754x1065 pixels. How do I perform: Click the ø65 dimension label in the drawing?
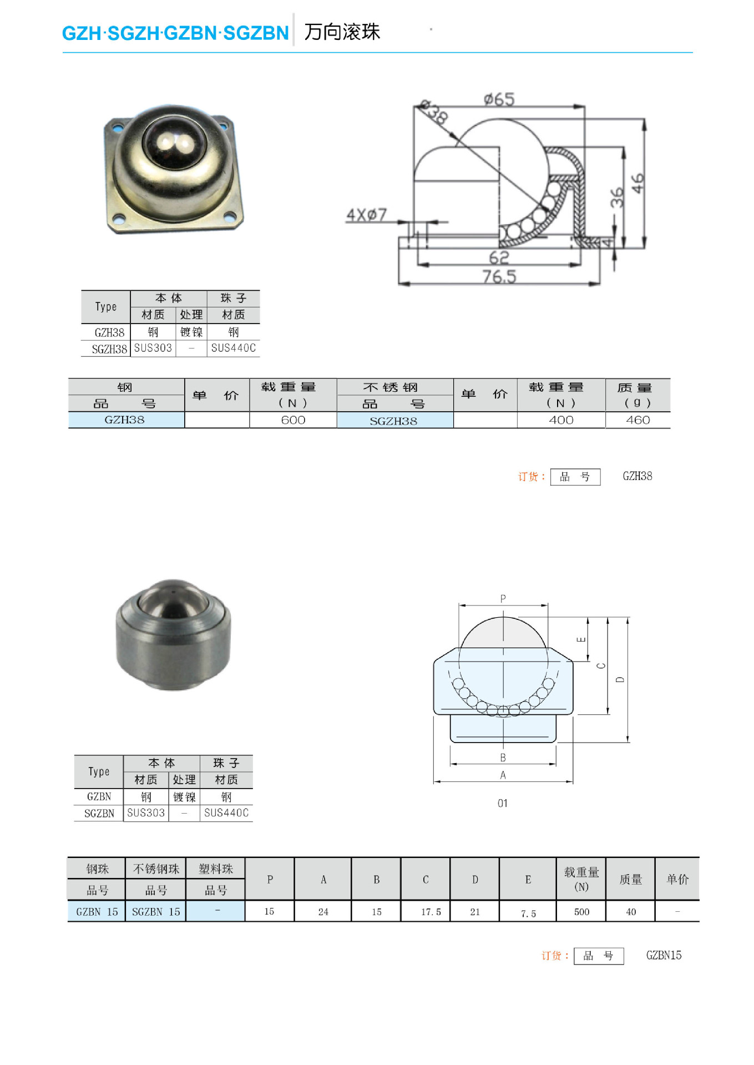(x=499, y=99)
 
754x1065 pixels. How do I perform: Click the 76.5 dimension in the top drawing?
(x=499, y=276)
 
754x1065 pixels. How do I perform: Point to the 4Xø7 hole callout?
(x=366, y=215)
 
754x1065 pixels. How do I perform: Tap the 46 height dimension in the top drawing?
(x=638, y=183)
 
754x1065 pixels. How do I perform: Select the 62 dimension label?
(x=499, y=257)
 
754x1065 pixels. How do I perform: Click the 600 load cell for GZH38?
(x=293, y=420)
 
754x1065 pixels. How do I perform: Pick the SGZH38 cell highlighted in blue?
(x=393, y=421)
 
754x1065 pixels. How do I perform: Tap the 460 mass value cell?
(x=637, y=420)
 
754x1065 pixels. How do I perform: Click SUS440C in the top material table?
(x=233, y=348)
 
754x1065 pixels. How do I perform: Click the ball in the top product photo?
(x=174, y=142)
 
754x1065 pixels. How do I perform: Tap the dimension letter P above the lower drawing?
(x=503, y=598)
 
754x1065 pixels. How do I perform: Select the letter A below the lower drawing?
(x=503, y=775)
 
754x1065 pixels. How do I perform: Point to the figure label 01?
(x=502, y=803)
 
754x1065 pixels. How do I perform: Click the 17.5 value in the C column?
(x=431, y=912)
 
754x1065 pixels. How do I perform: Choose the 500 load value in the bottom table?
(x=581, y=912)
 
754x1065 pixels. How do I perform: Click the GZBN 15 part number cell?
(x=97, y=912)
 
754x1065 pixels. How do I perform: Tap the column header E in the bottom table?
(x=528, y=879)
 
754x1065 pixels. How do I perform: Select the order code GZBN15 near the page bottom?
(x=663, y=955)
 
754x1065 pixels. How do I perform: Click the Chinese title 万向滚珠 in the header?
(x=342, y=32)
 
